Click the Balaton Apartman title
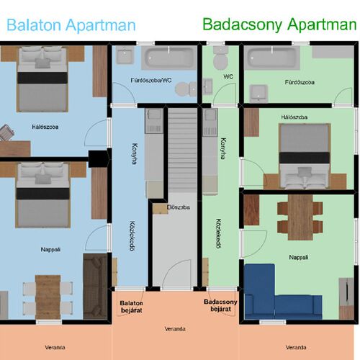tap(71, 25)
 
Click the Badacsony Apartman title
tap(279, 24)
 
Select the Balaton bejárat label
tap(131, 307)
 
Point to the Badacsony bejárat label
tap(220, 305)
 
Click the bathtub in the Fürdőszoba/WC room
tap(169, 58)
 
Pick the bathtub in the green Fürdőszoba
tap(272, 58)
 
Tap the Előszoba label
tap(179, 207)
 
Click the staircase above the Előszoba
tap(182, 150)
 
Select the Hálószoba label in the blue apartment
tap(45, 127)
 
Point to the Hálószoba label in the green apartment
tap(294, 117)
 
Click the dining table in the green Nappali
tap(300, 217)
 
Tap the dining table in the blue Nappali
tap(48, 297)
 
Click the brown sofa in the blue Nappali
tap(95, 287)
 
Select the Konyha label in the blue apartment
tap(135, 153)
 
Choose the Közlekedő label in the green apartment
tap(218, 233)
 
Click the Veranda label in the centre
tap(175, 329)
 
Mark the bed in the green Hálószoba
tap(305, 156)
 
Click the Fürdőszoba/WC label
tap(151, 80)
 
